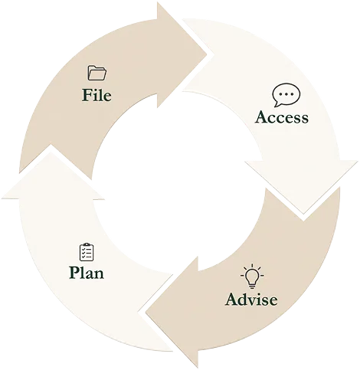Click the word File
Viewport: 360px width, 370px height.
97,95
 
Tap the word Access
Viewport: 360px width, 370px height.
282,117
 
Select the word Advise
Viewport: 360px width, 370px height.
251,299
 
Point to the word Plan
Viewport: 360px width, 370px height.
87,273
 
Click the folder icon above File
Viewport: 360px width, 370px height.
97,73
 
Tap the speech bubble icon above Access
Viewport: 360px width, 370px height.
286,95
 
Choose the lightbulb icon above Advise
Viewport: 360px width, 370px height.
252,277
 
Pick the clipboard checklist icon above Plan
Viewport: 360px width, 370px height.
87,252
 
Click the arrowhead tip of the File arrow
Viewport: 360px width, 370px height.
206,54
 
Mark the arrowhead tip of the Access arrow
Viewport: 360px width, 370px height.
303,213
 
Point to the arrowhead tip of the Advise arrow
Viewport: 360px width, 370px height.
146,312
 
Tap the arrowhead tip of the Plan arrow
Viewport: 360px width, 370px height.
51,146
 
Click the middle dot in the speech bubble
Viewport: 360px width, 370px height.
286,94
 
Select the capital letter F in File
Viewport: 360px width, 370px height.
87,95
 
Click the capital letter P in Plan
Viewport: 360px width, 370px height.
74,273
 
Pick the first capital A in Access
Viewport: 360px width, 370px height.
263,117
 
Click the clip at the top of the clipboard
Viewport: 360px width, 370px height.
87,244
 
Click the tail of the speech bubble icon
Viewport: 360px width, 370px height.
277,104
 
